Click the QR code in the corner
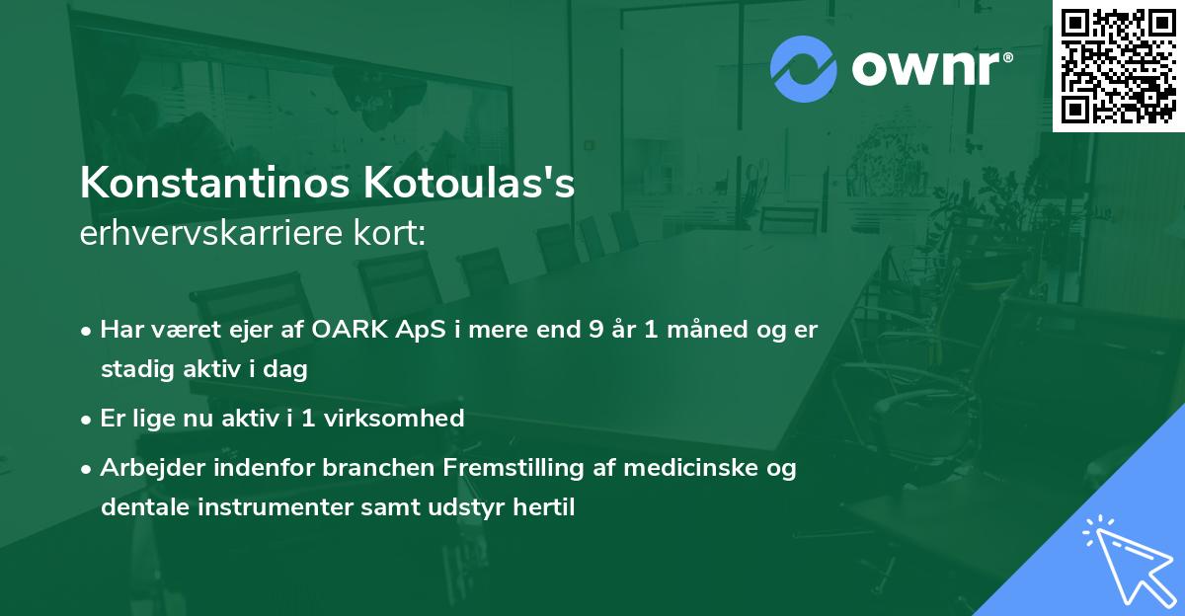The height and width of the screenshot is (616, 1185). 1118,65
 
